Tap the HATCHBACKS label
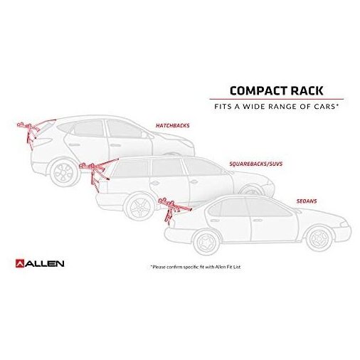point(172,125)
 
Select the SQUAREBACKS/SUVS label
point(256,164)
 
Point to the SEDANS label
point(307,201)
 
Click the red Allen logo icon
point(20,263)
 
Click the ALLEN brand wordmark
point(45,264)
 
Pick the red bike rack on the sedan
point(172,210)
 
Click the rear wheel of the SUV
point(139,206)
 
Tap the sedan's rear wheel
point(206,242)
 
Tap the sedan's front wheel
point(319,238)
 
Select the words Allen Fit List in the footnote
point(228,267)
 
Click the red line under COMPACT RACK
point(277,99)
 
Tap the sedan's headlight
point(344,224)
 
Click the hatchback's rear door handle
point(74,144)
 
